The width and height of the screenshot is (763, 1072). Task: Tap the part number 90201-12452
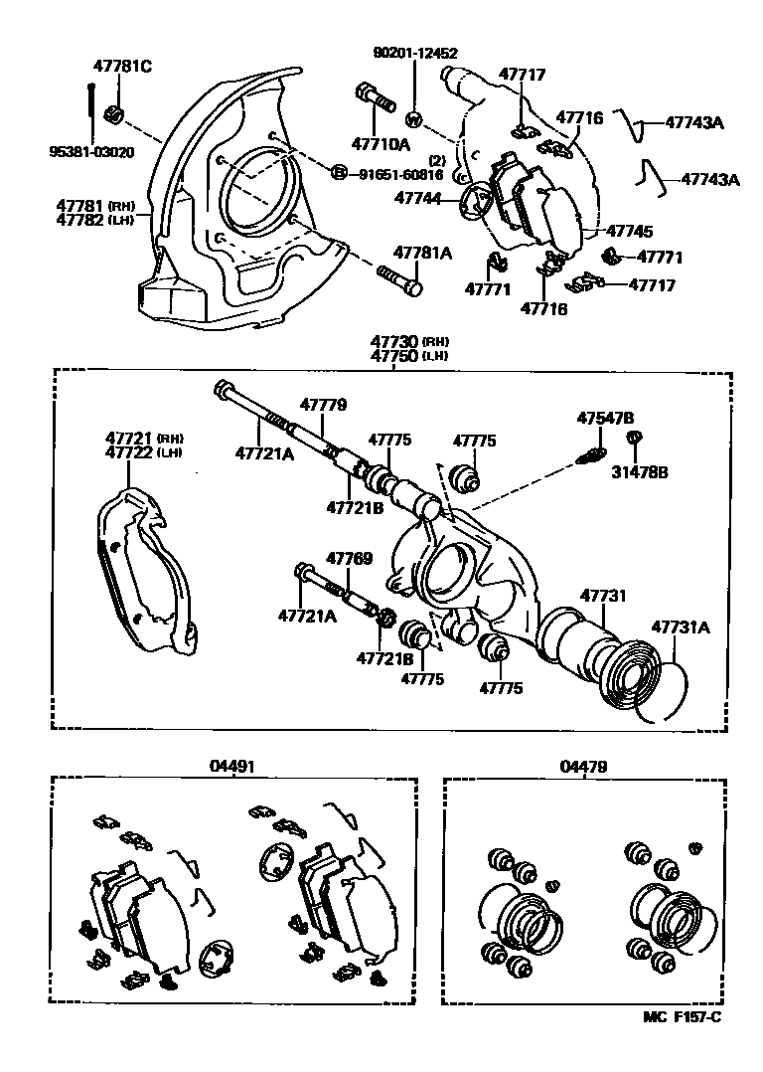tap(415, 52)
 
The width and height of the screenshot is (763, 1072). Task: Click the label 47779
tap(323, 405)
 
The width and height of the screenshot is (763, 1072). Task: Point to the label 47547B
tap(605, 419)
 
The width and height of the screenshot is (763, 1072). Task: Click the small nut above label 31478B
tap(633, 438)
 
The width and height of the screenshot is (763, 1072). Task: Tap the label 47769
tap(350, 558)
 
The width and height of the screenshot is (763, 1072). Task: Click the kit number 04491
tap(231, 767)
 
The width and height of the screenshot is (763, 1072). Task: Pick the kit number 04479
tap(582, 767)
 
